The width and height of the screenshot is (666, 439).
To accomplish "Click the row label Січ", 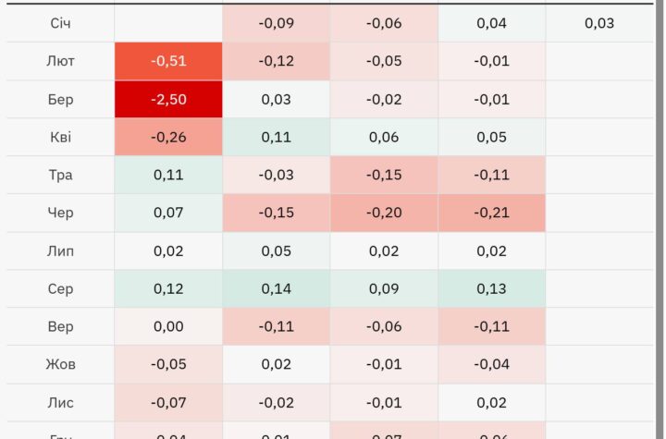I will [x=60, y=23].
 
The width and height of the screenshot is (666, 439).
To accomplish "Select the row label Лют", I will [x=60, y=61].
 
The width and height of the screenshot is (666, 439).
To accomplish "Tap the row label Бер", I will [x=60, y=99].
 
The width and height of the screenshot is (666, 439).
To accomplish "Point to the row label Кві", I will [x=60, y=137].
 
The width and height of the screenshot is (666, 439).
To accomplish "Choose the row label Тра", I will [x=60, y=175].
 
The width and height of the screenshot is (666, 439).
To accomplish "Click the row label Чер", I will [x=60, y=213].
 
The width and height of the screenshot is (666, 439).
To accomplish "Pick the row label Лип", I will [x=60, y=250].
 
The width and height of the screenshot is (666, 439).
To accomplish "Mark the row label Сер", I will [x=60, y=288].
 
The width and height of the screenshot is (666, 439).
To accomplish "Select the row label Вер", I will [x=60, y=326].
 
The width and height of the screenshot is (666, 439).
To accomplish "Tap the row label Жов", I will [x=60, y=364].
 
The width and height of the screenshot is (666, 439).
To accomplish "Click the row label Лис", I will [x=60, y=402].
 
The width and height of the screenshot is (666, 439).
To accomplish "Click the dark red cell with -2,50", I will [x=168, y=99].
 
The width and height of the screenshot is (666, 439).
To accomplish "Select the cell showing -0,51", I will [x=168, y=61].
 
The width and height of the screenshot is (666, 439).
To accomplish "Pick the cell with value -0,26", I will [x=168, y=137].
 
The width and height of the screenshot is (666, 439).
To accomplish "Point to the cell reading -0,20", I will [x=384, y=213].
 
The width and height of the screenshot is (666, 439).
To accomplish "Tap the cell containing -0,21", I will [x=492, y=213].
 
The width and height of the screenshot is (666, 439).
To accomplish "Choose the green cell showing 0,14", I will [x=276, y=288].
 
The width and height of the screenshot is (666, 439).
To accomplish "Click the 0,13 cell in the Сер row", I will [x=492, y=288].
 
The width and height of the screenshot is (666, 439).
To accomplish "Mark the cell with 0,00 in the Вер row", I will [x=168, y=326].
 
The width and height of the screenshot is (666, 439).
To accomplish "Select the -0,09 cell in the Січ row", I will [x=276, y=23].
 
